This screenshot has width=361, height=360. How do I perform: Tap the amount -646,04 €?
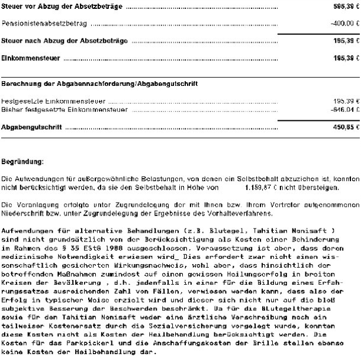tap(345, 110)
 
